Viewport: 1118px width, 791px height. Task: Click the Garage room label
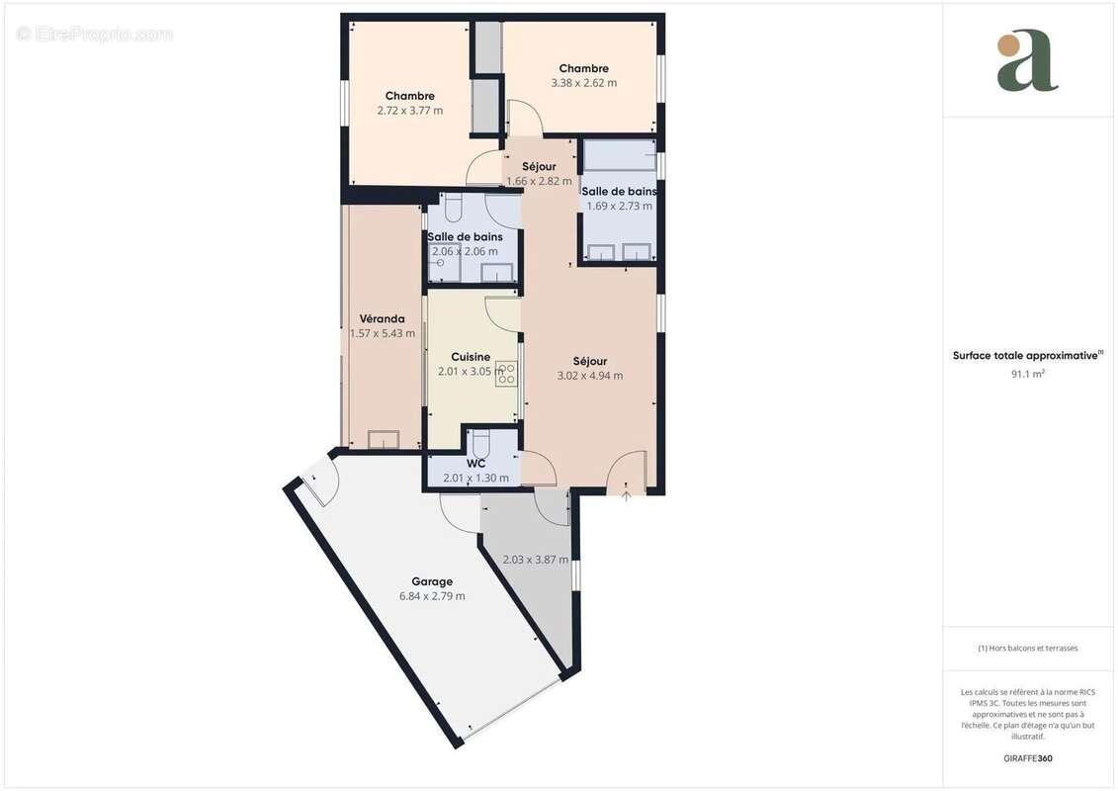tap(432, 581)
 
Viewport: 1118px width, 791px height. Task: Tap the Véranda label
tap(383, 318)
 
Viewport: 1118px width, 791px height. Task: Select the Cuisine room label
tap(471, 357)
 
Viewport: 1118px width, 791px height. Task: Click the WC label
tap(475, 464)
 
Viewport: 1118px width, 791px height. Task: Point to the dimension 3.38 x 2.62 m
tap(584, 83)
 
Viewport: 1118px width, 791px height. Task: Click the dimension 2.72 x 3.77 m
tap(410, 111)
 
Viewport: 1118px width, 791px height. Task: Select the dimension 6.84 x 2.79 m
tap(432, 596)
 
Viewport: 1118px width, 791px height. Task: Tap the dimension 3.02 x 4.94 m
tap(590, 375)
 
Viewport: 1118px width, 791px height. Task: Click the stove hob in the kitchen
tap(507, 373)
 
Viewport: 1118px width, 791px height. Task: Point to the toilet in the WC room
tap(480, 445)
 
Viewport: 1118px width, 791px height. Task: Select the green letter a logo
tap(1027, 61)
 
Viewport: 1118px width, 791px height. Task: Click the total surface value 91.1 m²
tap(1027, 374)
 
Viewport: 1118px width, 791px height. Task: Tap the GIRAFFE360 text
tap(1027, 758)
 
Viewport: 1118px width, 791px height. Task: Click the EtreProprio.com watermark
tap(95, 34)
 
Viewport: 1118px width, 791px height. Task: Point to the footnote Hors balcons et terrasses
tap(1027, 649)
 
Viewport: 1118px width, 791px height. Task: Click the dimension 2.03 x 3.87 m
tap(536, 560)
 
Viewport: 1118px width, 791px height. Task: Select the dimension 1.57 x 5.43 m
tap(383, 333)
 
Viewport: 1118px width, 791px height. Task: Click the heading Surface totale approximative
tap(1027, 355)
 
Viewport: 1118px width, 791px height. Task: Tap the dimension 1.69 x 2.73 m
tap(619, 206)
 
